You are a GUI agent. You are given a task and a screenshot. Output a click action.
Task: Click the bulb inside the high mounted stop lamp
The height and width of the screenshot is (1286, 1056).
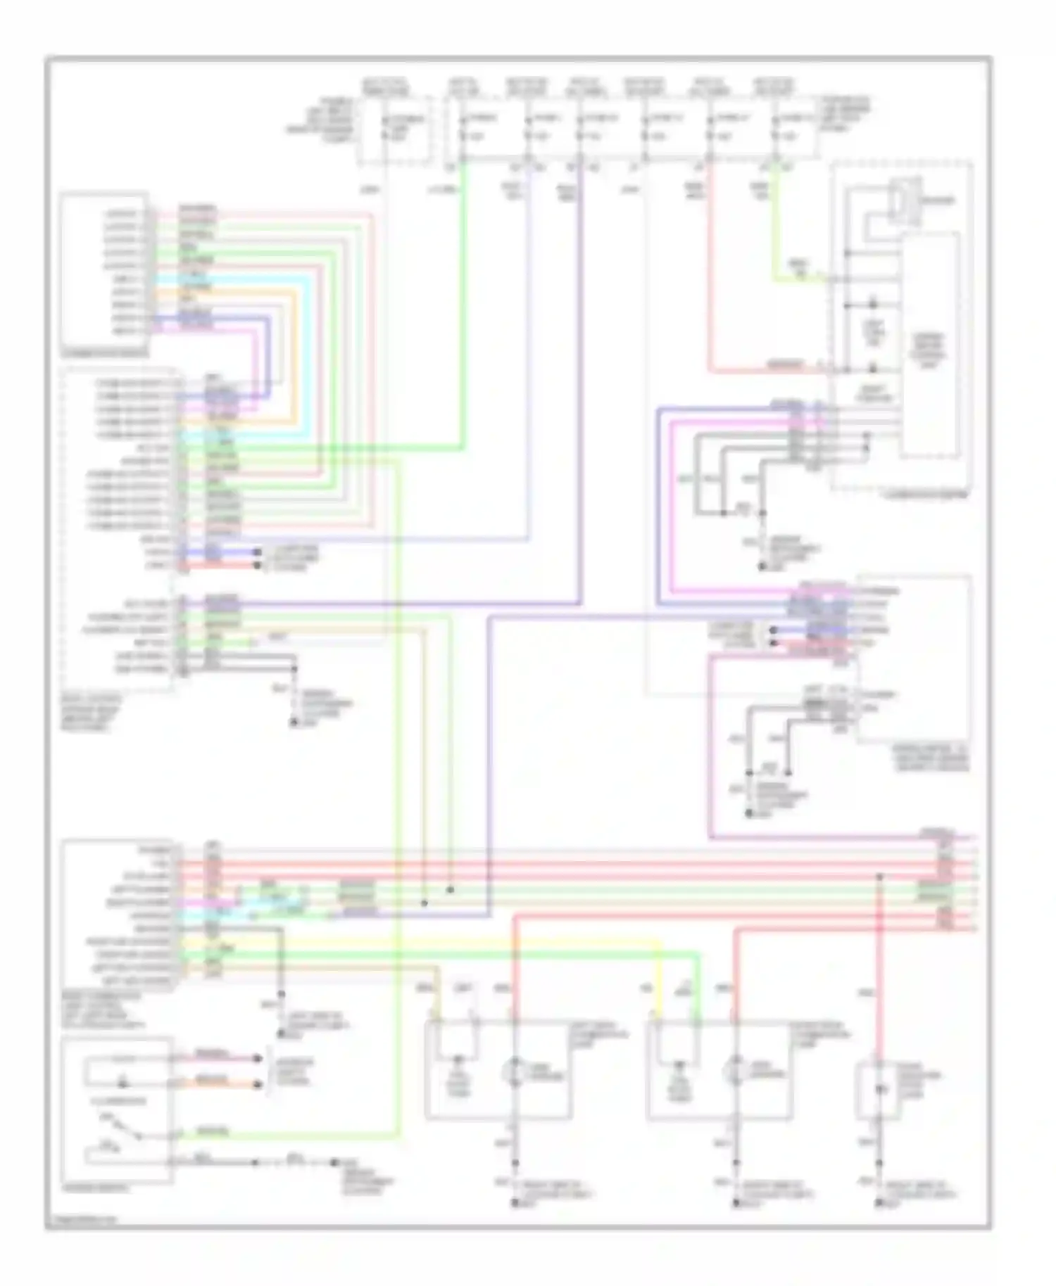879,1090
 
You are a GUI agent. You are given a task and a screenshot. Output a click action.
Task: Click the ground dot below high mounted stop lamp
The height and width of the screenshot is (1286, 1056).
878,1204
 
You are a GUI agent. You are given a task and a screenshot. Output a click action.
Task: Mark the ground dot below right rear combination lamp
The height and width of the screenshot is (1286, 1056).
736,1204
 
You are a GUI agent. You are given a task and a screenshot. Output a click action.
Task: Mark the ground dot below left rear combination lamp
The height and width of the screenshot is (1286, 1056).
515,1204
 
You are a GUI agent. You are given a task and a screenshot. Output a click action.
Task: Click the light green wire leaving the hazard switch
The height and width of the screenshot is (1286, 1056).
282,1135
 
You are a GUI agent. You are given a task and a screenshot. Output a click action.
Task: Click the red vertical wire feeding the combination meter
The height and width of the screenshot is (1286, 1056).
709,281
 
